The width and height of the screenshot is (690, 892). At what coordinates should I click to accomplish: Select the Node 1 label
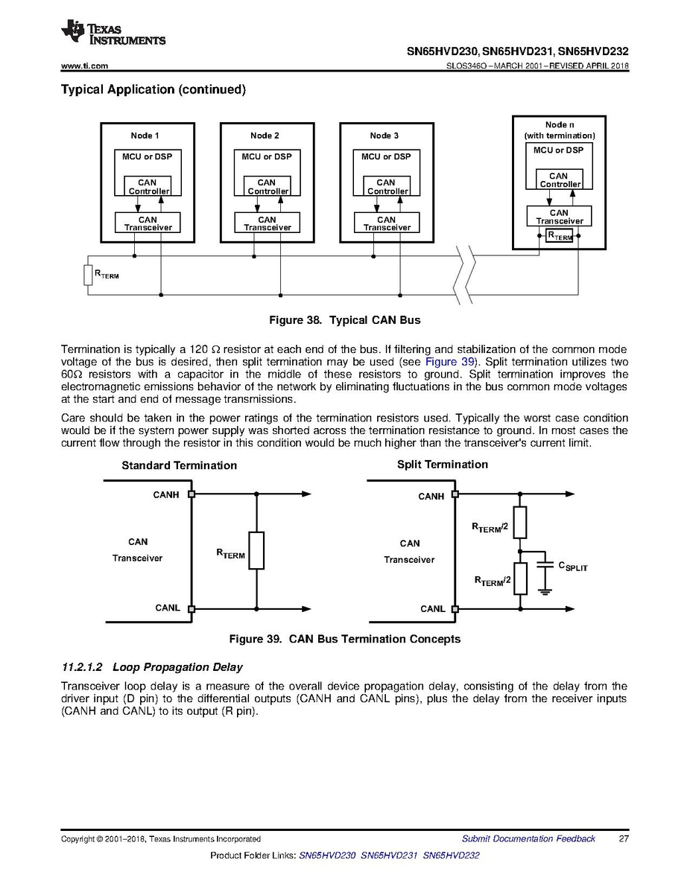click(145, 136)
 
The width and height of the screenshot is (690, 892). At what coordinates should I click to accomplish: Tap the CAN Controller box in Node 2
click(267, 186)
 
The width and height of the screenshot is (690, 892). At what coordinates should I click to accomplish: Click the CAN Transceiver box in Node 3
click(386, 223)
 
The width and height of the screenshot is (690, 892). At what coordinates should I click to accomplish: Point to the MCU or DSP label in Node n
click(558, 150)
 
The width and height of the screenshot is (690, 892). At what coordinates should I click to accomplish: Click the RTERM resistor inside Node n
click(559, 236)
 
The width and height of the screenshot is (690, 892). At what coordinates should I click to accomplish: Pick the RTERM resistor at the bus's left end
click(87, 274)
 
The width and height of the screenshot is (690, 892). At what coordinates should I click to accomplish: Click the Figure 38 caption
click(344, 320)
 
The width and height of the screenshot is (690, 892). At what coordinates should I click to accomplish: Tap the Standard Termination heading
click(179, 465)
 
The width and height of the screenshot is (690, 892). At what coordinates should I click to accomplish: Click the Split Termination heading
click(442, 465)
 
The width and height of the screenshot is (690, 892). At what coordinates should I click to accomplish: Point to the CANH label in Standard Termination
click(165, 494)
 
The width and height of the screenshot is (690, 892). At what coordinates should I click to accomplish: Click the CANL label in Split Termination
click(432, 608)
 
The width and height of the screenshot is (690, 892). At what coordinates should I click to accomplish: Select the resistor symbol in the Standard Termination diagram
click(256, 551)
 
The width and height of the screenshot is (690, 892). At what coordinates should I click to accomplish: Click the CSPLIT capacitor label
click(573, 567)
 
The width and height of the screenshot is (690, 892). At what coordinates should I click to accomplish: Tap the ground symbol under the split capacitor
click(545, 592)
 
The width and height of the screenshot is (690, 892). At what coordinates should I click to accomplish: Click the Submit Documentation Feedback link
click(528, 839)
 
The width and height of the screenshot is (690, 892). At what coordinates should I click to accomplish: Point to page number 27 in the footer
click(624, 839)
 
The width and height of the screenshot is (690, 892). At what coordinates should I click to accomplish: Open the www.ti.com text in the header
click(84, 66)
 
